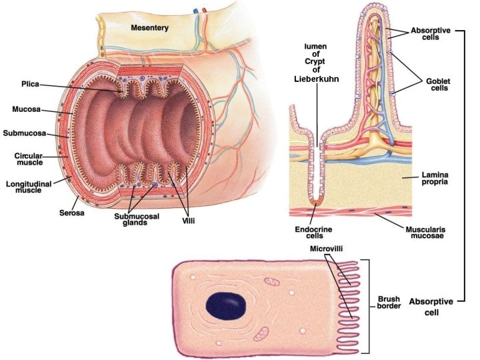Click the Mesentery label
click(x=149, y=28)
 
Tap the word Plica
click(x=30, y=85)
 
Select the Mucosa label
click(x=25, y=109)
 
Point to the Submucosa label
click(x=24, y=133)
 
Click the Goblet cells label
click(x=438, y=85)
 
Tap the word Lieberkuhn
click(x=317, y=79)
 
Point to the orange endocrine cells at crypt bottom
click(x=319, y=199)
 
